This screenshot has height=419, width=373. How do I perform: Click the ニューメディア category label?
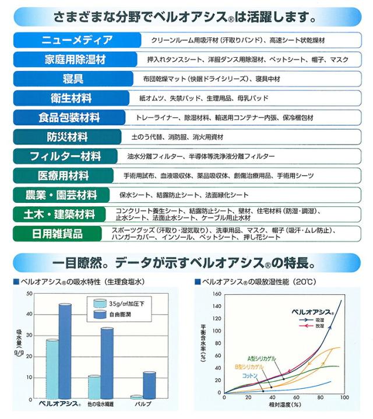tap(77, 40)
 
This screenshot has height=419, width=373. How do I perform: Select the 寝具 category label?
tap(73, 79)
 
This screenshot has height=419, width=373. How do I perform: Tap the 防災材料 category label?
tap(67, 137)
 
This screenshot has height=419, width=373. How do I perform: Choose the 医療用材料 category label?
tap(63, 175)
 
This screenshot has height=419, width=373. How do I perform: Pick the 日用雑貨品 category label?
tap(57, 234)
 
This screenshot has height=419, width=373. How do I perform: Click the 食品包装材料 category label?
tap(69, 118)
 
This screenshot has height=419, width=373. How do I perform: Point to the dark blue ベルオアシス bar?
tap(65, 351)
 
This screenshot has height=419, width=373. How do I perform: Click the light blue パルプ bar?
tap(137, 397)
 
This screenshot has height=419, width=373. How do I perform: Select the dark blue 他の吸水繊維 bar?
tap(107, 363)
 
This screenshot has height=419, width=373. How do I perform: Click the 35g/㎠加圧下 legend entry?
tap(119, 304)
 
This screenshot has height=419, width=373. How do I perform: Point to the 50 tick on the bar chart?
tap(29, 293)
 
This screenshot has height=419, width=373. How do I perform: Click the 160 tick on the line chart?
tap(217, 294)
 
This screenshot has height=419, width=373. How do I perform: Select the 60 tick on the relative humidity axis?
tap(296, 397)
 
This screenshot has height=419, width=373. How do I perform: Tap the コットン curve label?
tap(249, 376)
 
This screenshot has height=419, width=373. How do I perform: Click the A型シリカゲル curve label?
tap(262, 358)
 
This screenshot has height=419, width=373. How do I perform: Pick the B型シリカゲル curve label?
tap(249, 367)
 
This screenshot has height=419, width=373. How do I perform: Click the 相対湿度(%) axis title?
tap(285, 405)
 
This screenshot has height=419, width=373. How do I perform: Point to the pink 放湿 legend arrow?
tap(307, 326)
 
